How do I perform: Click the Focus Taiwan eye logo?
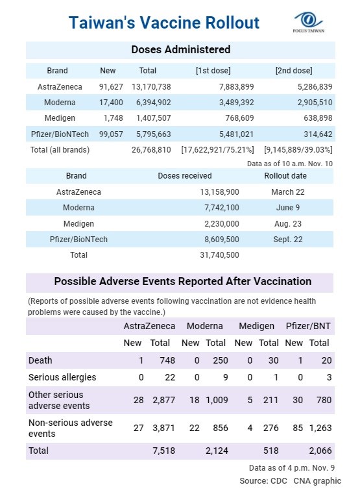pos(308,22)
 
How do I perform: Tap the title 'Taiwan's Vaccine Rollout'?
pos(163,23)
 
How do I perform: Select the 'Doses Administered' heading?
pos(180,49)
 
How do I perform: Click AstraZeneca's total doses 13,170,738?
pos(151,87)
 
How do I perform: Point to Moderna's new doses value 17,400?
pos(111,103)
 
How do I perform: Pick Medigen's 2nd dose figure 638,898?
pos(318,118)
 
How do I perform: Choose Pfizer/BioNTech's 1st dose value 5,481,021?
pos(236,134)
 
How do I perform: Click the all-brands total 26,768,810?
pos(151,149)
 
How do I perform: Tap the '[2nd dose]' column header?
pos(294,71)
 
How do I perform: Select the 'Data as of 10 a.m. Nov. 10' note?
pos(290,164)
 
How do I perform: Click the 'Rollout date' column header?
pos(285,176)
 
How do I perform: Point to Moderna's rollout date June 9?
pos(287,208)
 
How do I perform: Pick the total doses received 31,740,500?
pos(219,255)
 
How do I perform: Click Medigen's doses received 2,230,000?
pos(222,223)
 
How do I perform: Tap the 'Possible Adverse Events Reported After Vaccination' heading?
pos(183,281)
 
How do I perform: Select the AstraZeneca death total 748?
pos(167,360)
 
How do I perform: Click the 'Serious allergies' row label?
pos(62,377)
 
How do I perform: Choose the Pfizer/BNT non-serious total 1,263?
pos(320,428)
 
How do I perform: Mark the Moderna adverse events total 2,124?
pos(217,451)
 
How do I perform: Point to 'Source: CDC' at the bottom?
pos(263,481)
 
